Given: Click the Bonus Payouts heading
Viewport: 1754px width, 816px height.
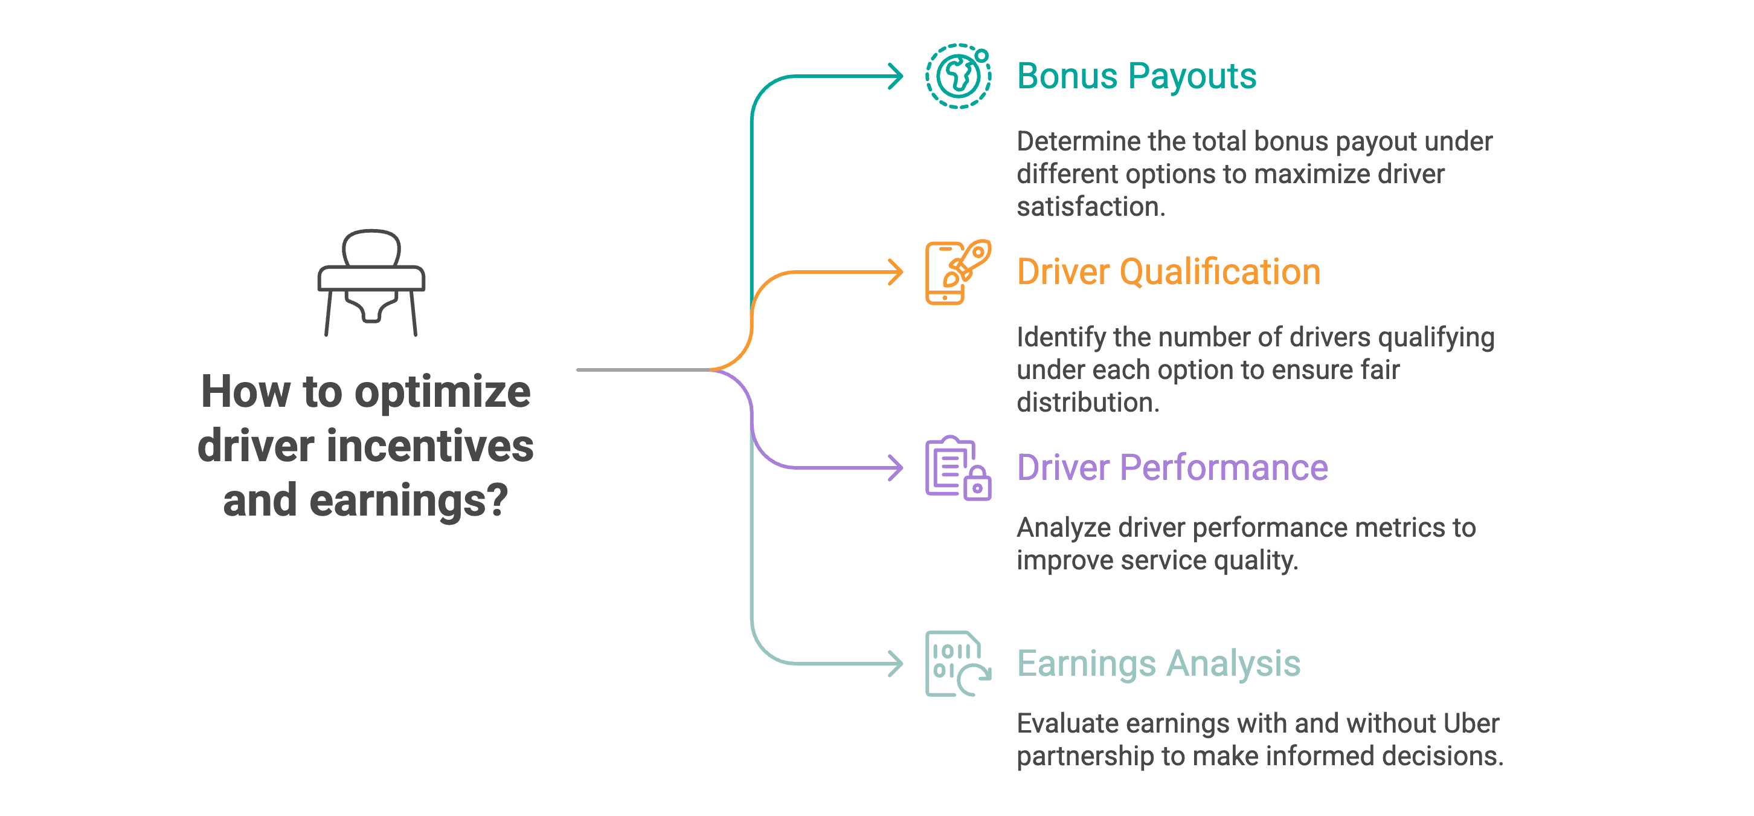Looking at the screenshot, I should point(1136,76).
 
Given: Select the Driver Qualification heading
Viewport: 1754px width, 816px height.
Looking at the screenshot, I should point(1168,272).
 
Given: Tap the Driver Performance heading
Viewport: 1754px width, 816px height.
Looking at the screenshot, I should point(1172,467).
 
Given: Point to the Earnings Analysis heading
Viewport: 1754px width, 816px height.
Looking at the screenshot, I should point(1158,664).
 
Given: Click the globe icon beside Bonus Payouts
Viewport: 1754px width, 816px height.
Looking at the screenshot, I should point(957,76).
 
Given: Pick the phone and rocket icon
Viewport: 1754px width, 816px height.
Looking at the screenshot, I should point(957,272).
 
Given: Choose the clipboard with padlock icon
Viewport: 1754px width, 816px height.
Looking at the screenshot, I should point(957,468).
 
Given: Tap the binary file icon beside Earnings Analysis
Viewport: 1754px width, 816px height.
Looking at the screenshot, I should point(957,664).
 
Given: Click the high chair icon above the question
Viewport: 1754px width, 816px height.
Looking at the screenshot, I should point(371,282).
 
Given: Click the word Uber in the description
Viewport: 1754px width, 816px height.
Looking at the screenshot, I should point(1471,724).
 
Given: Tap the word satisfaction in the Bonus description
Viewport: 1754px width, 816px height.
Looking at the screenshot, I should point(1090,206).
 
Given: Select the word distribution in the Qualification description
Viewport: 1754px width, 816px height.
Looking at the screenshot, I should point(1087,403).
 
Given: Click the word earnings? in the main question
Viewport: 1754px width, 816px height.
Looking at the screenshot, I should point(408,500).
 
